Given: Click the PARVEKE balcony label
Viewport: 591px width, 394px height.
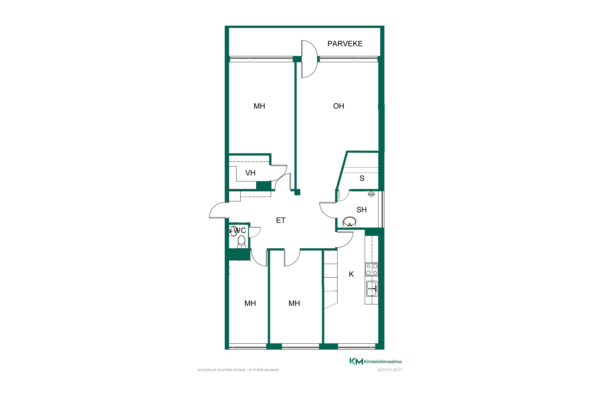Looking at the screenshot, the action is click(345, 44).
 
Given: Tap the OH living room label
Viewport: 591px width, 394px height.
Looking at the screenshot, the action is click(338, 106).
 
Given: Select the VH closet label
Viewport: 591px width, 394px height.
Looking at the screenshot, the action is click(250, 173).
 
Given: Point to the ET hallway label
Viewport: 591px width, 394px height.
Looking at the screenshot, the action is click(281, 220).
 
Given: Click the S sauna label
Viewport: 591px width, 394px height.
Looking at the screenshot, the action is click(362, 178).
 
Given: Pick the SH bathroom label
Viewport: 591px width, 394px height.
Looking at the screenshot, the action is click(361, 210).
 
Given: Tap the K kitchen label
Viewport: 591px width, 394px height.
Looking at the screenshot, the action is click(351, 274).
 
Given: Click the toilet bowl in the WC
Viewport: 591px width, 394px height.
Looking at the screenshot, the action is click(242, 242).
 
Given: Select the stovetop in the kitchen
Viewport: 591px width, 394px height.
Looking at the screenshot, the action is click(372, 269).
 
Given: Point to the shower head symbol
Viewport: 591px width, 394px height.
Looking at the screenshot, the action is click(371, 194).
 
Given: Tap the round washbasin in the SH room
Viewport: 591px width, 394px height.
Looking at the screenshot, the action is click(349, 221).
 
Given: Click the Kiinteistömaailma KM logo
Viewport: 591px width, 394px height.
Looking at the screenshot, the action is click(375, 361).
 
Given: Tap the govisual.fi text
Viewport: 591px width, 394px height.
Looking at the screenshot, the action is click(390, 369).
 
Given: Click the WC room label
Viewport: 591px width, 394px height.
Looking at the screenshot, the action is click(240, 230).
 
